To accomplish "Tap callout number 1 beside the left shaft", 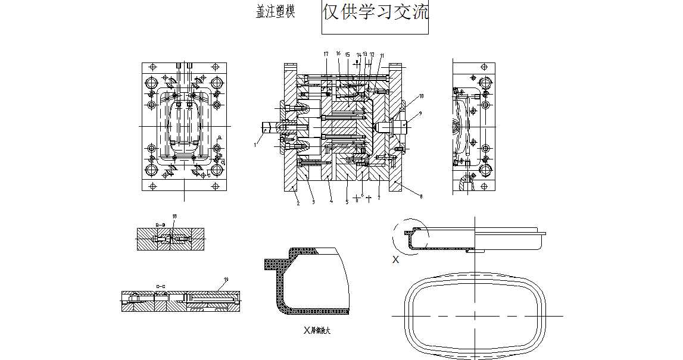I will click(254, 144).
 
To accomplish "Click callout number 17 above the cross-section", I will click(326, 54).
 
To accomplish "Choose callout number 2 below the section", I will click(298, 203).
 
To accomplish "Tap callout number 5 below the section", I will click(347, 202).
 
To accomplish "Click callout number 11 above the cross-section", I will click(382, 55).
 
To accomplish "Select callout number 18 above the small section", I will click(174, 216).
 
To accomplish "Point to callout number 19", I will click(226, 280).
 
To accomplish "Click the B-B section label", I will click(160, 224).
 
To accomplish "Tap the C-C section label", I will click(160, 287).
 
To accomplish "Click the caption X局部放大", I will click(316, 330).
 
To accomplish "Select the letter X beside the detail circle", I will click(395, 259).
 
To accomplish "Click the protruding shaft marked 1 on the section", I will click(270, 126).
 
